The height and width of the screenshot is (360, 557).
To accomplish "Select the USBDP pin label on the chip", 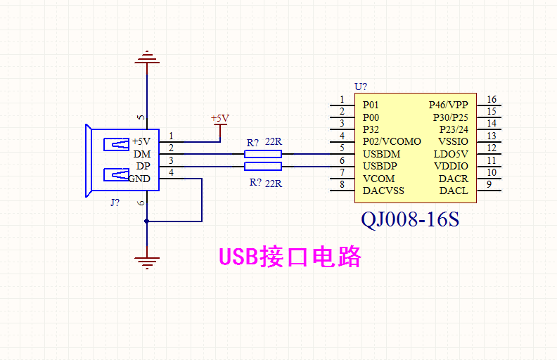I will tap(380, 166).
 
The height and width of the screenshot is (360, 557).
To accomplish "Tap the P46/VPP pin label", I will tap(448, 105).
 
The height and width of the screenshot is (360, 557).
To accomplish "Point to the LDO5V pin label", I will tap(451, 153).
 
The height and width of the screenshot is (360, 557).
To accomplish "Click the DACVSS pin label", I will tap(383, 191).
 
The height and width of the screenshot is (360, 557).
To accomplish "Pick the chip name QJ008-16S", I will tap(410, 219).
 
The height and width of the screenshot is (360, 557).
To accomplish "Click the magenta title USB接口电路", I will tap(290, 257).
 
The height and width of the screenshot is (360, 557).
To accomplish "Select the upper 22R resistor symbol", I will tap(263, 154).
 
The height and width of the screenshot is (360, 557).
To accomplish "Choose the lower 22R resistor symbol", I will tap(263, 166).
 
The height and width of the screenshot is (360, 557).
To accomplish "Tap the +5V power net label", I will tap(220, 118).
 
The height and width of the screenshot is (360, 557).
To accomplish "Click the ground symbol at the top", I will tap(147, 58).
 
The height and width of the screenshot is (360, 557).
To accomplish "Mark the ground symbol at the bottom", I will tap(147, 264).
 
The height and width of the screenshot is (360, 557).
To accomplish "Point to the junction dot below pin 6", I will tap(147, 221).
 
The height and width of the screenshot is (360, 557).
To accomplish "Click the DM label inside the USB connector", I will tap(142, 154).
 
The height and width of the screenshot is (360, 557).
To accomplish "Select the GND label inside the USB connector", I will tap(139, 179).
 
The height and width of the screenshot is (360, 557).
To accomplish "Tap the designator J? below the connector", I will tap(115, 202).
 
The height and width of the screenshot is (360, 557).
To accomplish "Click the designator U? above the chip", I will tap(361, 86).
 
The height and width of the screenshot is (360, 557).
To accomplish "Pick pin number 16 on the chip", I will tap(492, 100).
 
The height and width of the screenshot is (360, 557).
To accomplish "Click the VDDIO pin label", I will tap(451, 166).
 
